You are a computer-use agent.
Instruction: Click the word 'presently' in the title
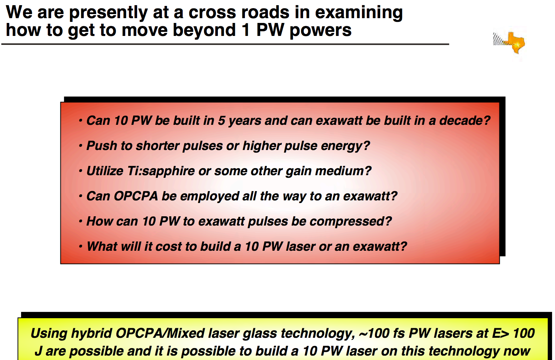click(108, 13)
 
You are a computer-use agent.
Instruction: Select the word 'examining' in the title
click(359, 13)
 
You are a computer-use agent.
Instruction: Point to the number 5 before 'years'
click(222, 120)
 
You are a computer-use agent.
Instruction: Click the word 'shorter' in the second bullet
click(157, 146)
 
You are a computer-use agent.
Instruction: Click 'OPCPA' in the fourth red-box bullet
click(136, 196)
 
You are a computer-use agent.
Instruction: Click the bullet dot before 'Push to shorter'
click(80, 146)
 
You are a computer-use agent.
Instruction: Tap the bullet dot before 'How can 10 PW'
click(80, 221)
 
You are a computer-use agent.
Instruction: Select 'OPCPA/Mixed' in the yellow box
click(160, 333)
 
